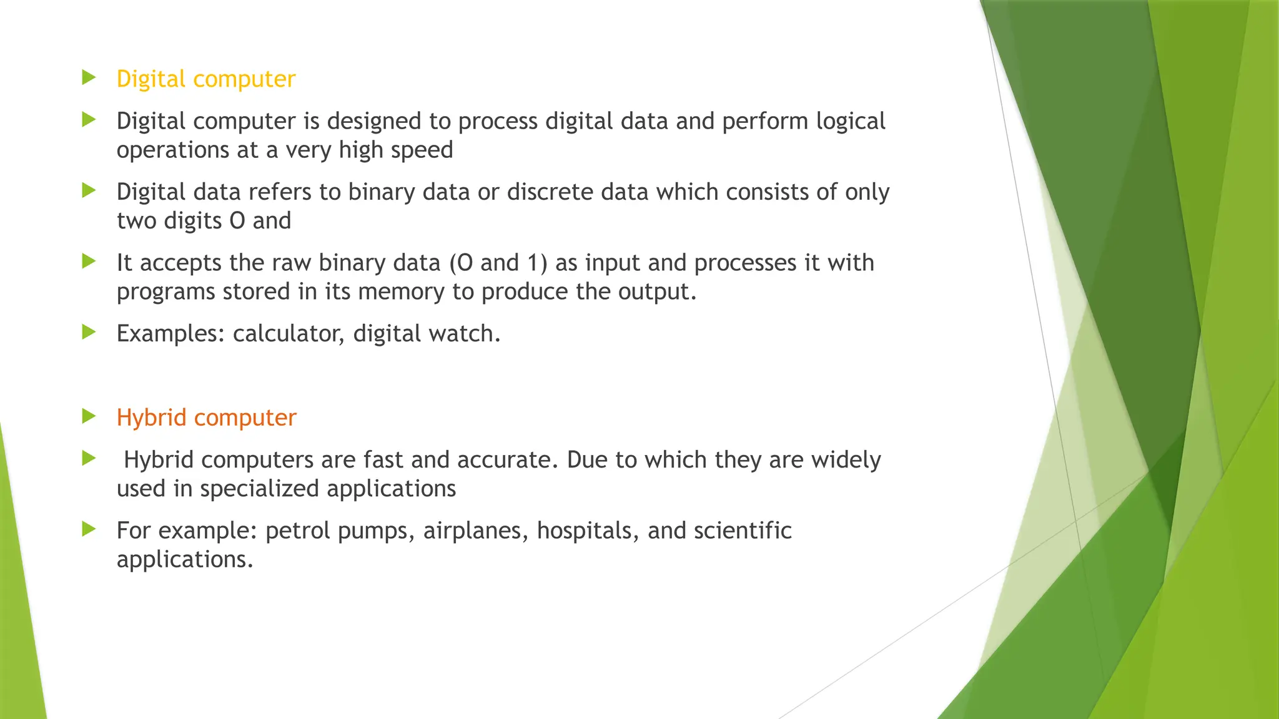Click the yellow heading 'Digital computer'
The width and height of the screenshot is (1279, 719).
click(205, 79)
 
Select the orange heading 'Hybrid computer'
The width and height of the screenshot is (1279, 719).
click(206, 418)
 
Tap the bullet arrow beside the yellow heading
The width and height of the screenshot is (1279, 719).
click(89, 78)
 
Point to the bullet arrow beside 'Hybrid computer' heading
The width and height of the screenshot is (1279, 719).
click(89, 416)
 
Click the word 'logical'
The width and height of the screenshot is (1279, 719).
click(850, 122)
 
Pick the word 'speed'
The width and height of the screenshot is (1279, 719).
click(425, 150)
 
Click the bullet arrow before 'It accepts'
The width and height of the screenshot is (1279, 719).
click(89, 262)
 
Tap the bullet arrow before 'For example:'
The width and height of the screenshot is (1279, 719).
click(89, 529)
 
